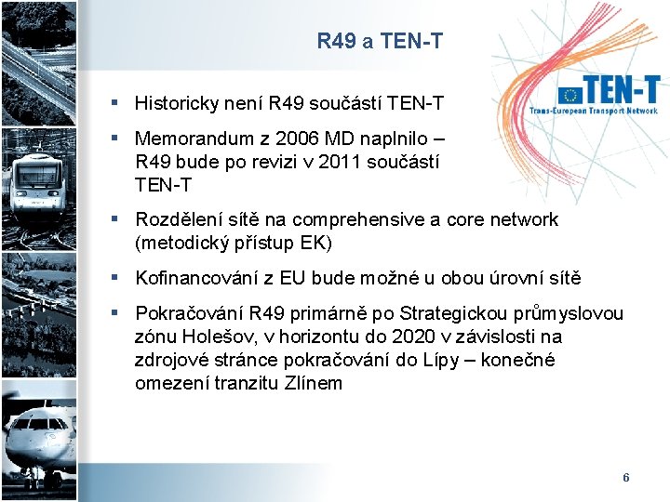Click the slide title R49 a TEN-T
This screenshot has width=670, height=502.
(380, 41)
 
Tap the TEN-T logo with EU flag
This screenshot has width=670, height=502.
(609, 95)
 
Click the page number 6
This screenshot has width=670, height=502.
(625, 478)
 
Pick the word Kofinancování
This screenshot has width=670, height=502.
(197, 278)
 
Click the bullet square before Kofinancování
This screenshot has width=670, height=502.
(113, 278)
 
